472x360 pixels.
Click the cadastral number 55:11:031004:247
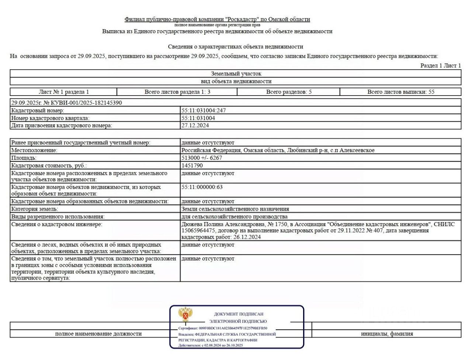coord(204,110)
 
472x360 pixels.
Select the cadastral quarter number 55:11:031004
coord(198,118)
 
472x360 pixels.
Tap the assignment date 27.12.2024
coord(195,125)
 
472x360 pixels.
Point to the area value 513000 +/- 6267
coord(202,158)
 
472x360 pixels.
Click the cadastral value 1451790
coord(192,166)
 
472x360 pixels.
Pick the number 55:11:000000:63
coord(202,187)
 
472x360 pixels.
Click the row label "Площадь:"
coord(24,158)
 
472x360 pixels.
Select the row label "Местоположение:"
coord(34,150)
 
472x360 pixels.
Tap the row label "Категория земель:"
coord(35,209)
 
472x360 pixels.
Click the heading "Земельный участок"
coord(236,74)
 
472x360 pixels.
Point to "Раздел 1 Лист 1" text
coord(441,66)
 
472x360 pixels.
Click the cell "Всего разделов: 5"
coord(289,92)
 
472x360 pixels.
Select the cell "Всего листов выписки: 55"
coord(401,92)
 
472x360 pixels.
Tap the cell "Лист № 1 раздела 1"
coord(64,92)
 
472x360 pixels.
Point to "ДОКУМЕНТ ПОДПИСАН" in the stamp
coord(239,314)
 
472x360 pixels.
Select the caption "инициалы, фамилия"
coord(387,334)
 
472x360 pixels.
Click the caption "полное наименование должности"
coord(98,334)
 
